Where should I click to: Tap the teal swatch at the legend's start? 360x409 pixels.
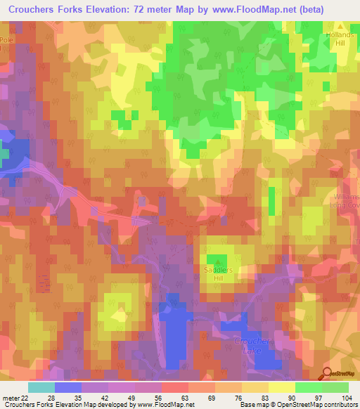point(41,387)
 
